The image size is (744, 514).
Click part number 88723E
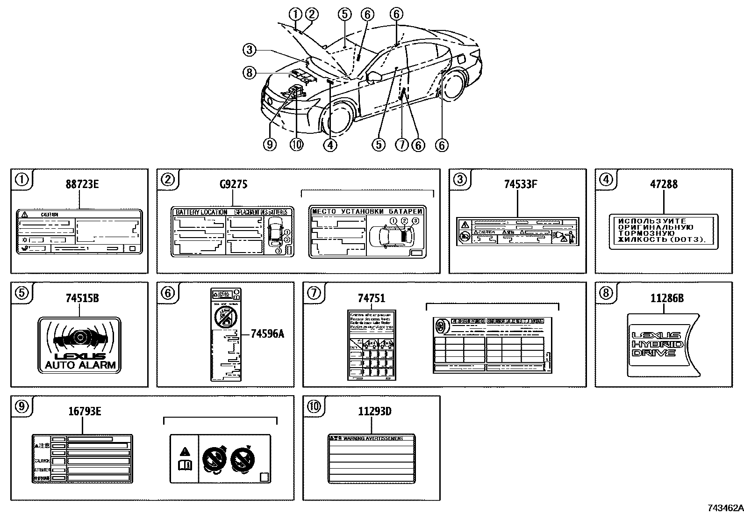[82, 184]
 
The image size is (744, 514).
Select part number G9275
[233, 184]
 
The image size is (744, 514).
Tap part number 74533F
[520, 184]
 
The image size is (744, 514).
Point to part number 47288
[663, 184]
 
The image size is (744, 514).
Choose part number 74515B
[82, 297]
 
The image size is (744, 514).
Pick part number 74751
[371, 297]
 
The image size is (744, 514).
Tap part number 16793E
[84, 411]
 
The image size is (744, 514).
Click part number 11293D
[374, 411]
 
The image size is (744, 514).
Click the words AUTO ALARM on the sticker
[79, 365]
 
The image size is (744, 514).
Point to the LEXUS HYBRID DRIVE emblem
[657, 344]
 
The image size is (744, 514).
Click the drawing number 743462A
[724, 508]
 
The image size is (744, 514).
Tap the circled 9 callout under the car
[270, 145]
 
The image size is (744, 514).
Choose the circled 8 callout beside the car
[250, 72]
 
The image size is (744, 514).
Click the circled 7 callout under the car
[402, 145]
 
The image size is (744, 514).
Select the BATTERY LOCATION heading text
[201, 212]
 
